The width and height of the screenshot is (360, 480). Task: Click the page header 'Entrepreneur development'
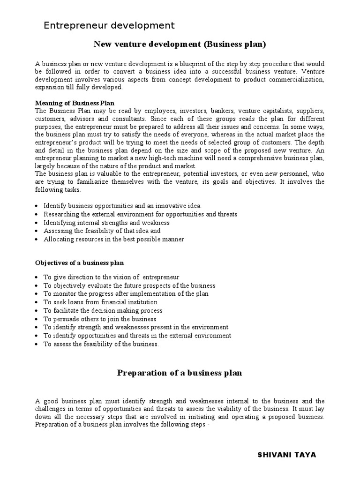point(109,25)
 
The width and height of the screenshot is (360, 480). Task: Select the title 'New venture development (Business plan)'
point(180,45)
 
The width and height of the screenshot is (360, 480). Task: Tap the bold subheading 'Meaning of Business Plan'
point(75,103)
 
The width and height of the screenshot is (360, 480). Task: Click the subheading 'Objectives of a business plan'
point(80,262)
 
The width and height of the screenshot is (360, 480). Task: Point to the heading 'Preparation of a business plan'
point(180,373)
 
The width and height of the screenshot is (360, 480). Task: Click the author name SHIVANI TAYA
point(287,455)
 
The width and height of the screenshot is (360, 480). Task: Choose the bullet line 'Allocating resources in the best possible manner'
point(114,240)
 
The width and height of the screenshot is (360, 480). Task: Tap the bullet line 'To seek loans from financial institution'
point(100,302)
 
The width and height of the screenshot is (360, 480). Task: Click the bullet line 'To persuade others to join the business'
point(100,319)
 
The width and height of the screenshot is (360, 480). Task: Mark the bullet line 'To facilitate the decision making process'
point(103,311)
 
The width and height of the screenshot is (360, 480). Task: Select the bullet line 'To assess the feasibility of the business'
point(101,345)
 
